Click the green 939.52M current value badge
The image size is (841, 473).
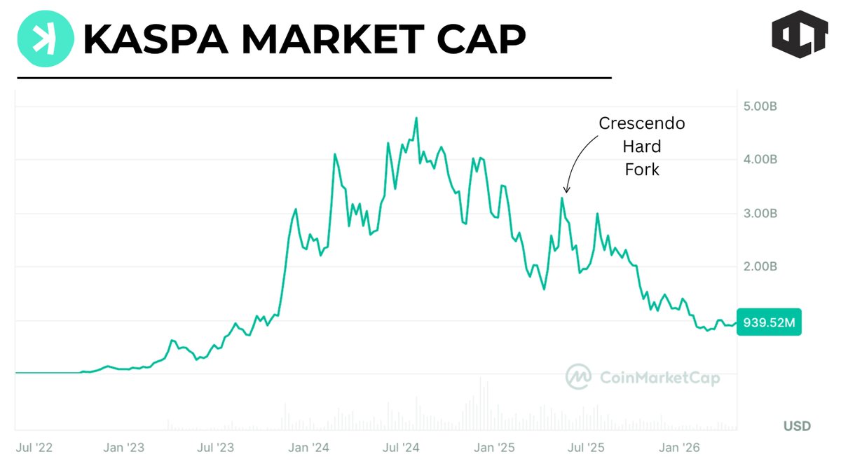(768, 323)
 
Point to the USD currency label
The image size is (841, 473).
(797, 426)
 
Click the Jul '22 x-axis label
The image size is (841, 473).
(33, 447)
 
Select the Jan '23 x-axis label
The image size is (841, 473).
(124, 447)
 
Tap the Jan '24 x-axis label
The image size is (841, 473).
(310, 447)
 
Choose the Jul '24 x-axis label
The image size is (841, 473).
(401, 447)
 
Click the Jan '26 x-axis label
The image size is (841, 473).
(679, 447)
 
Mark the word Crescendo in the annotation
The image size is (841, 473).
(641, 124)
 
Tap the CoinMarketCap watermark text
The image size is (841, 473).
(659, 378)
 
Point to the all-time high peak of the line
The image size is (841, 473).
(416, 118)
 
